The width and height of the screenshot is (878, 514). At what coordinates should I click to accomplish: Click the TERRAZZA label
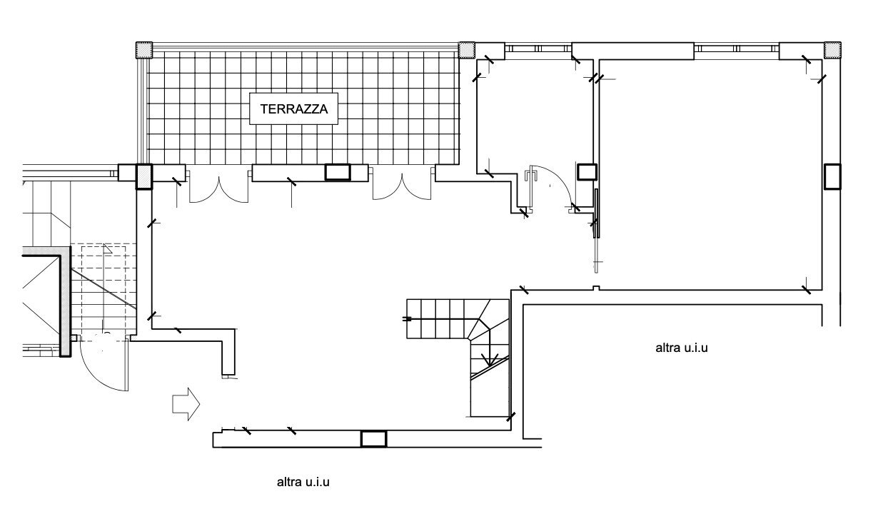coord(293,109)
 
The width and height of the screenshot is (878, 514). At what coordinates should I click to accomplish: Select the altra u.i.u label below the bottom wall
coord(303,482)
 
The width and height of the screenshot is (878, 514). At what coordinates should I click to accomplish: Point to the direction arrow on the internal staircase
coord(490,358)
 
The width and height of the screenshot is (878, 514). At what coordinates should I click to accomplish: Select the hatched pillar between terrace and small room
coord(467,49)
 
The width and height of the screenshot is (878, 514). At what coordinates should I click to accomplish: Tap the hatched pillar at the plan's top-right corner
coord(832,49)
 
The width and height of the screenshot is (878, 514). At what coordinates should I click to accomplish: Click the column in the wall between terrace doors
coord(337,172)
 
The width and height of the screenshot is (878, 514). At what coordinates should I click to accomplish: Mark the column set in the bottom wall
coord(373,438)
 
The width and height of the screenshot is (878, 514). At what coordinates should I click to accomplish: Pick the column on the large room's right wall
coord(832,176)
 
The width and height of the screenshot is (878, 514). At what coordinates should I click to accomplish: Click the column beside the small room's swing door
coord(587,171)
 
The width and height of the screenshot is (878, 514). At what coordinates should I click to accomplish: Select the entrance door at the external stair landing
coord(104,368)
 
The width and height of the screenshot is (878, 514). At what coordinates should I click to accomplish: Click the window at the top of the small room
coord(538,49)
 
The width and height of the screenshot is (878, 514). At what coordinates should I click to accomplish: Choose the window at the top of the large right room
coord(736,49)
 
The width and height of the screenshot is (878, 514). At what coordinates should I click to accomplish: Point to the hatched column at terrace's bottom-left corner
coord(143,176)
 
